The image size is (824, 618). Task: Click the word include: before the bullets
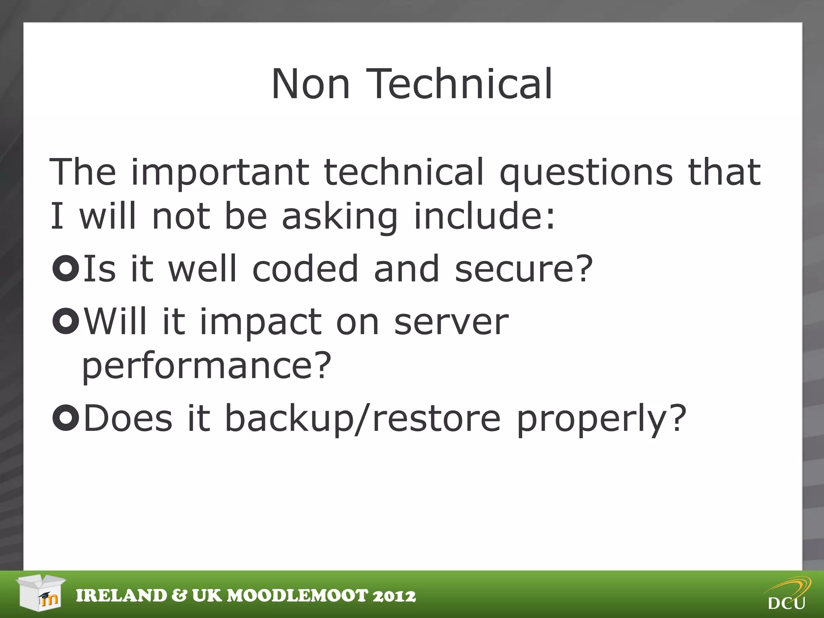point(484,216)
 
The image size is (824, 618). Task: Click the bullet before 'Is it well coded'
point(65,268)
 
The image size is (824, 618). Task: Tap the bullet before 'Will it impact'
point(65,321)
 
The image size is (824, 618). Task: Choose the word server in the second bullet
point(451,322)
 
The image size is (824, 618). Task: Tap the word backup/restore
point(363,419)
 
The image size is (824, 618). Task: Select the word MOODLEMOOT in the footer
point(298,596)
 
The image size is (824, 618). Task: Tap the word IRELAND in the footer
point(121,596)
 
